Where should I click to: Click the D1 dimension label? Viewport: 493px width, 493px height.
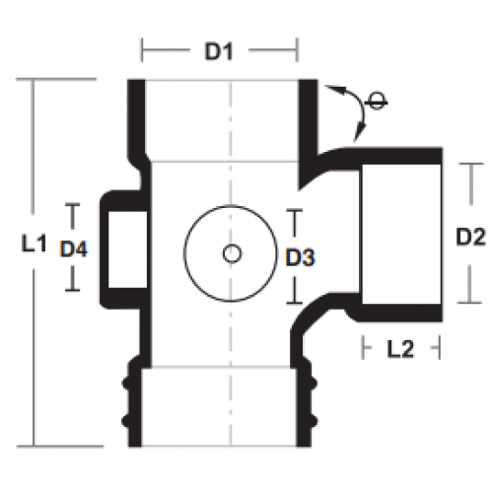(219, 51)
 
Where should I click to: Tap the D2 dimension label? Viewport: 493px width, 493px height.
(470, 237)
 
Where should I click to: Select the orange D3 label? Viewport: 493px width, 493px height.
(301, 257)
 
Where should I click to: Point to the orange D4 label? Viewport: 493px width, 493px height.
(74, 248)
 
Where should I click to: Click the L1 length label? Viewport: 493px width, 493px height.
(34, 244)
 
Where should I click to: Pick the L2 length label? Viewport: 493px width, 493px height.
(400, 349)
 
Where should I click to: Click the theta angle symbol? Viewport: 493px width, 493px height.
(377, 102)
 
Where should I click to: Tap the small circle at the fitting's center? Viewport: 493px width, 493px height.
(232, 253)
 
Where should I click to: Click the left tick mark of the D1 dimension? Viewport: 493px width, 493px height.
(142, 50)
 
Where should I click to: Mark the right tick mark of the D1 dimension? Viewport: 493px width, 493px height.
(297, 50)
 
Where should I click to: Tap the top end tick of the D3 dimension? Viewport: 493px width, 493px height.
(295, 209)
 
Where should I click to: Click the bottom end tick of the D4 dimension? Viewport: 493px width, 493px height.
(73, 290)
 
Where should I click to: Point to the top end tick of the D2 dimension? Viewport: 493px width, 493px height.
(471, 164)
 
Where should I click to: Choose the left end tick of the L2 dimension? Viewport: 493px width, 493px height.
(363, 347)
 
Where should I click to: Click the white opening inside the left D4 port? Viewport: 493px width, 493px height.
(127, 249)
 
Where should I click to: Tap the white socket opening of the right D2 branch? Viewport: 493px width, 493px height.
(401, 234)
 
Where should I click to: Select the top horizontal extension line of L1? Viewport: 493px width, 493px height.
(56, 79)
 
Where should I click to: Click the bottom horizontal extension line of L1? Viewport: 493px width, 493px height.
(60, 446)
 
